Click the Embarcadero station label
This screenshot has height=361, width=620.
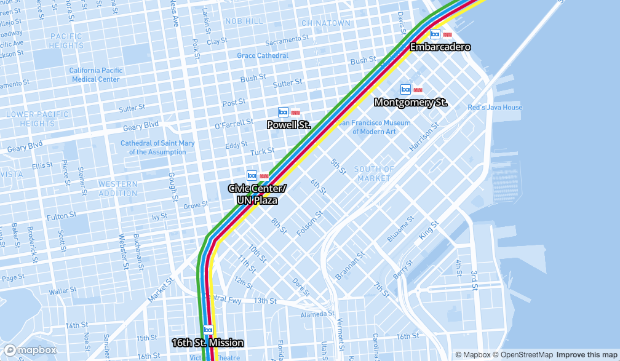(x=440, y=47)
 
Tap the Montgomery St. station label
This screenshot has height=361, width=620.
(x=410, y=103)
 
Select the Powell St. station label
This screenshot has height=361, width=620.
(x=288, y=125)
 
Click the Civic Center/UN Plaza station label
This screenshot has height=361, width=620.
(x=257, y=194)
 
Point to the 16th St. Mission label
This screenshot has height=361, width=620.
(x=207, y=343)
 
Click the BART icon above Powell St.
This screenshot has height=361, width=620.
(x=283, y=112)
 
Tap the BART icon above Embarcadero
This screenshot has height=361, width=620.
(x=435, y=34)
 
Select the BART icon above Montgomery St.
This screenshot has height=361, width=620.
(x=405, y=90)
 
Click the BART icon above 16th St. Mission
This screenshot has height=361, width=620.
(x=208, y=330)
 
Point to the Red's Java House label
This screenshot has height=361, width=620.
(x=495, y=108)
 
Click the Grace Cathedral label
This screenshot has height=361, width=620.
(x=263, y=56)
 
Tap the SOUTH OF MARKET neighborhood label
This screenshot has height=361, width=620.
(x=374, y=173)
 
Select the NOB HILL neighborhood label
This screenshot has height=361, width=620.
(x=244, y=21)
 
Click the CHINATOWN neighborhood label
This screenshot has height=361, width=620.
(x=325, y=23)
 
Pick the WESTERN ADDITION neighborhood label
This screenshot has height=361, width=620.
(x=117, y=188)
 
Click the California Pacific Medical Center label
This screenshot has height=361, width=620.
(x=95, y=74)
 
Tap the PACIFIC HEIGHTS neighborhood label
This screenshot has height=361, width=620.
(x=66, y=41)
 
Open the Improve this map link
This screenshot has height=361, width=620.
(x=587, y=355)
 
